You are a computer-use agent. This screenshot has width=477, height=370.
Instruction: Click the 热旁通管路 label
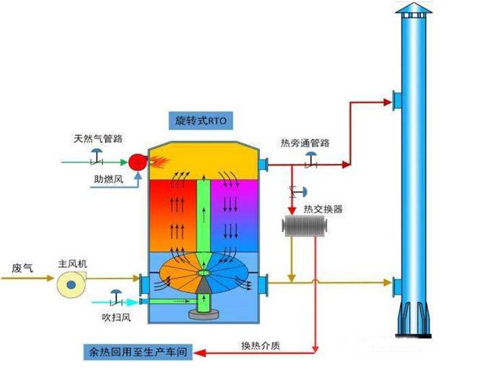305,143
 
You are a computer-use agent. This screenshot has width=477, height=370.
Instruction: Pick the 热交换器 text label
323,209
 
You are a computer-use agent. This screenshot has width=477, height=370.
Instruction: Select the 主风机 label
72,264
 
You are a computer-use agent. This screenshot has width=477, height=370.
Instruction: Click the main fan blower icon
72,286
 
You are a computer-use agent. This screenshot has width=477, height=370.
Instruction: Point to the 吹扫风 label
116,317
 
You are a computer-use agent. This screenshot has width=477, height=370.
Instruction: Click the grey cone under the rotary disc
203,286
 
